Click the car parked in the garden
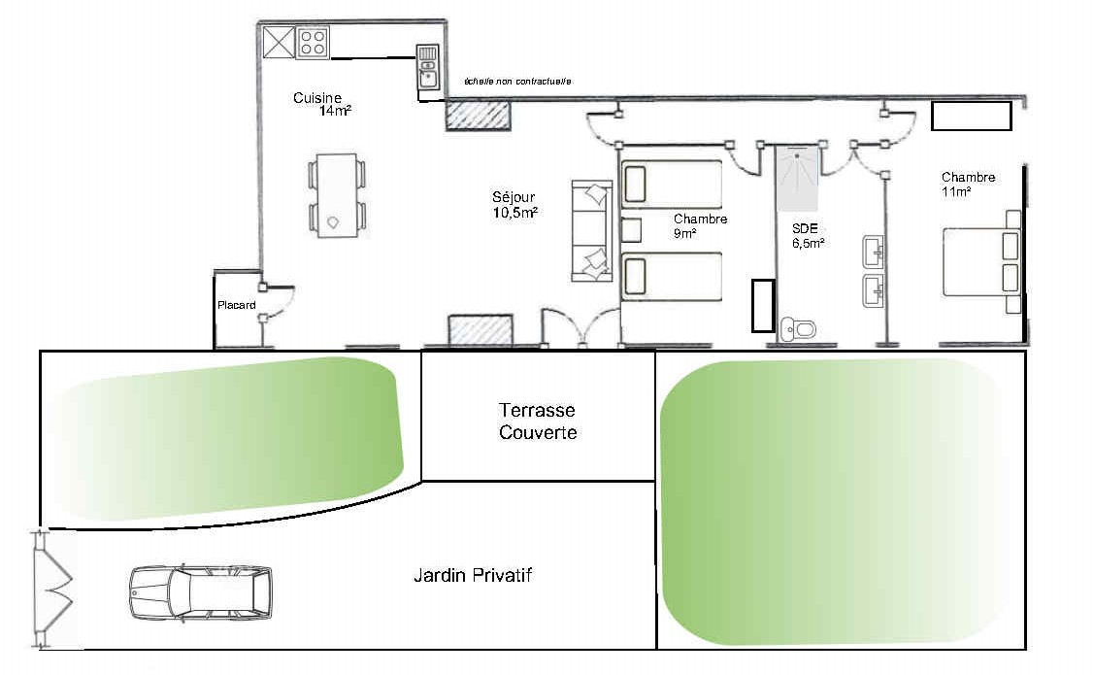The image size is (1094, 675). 201,592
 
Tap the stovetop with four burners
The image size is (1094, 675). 313,42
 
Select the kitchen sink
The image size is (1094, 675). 428,67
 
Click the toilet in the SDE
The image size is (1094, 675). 798,327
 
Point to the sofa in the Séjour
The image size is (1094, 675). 592,231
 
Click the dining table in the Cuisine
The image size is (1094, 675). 337,195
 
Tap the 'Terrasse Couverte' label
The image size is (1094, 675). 538,421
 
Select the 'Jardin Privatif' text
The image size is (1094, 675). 473,575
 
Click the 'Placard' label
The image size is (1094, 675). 237,305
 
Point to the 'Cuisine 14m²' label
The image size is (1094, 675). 321,103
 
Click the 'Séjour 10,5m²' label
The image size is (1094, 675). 514,205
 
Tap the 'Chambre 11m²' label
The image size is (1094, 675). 969,185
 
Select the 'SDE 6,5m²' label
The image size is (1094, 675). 808,236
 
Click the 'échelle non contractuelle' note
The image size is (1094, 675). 517,82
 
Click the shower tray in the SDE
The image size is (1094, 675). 797,178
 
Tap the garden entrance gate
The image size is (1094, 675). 52,591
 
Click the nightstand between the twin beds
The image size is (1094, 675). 631,230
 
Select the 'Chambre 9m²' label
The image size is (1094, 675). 701,226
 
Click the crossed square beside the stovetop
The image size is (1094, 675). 279,42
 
